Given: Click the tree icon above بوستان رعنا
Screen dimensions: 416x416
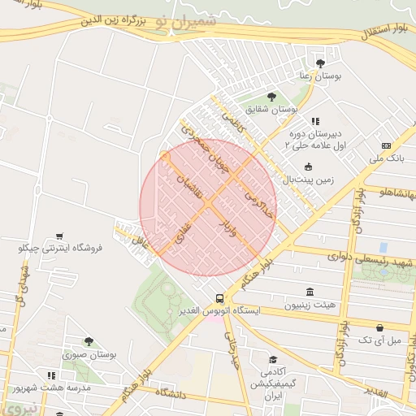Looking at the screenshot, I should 320,62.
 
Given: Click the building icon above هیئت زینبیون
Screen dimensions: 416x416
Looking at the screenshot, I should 309,292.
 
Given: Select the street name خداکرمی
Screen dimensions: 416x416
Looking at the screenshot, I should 251,190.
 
